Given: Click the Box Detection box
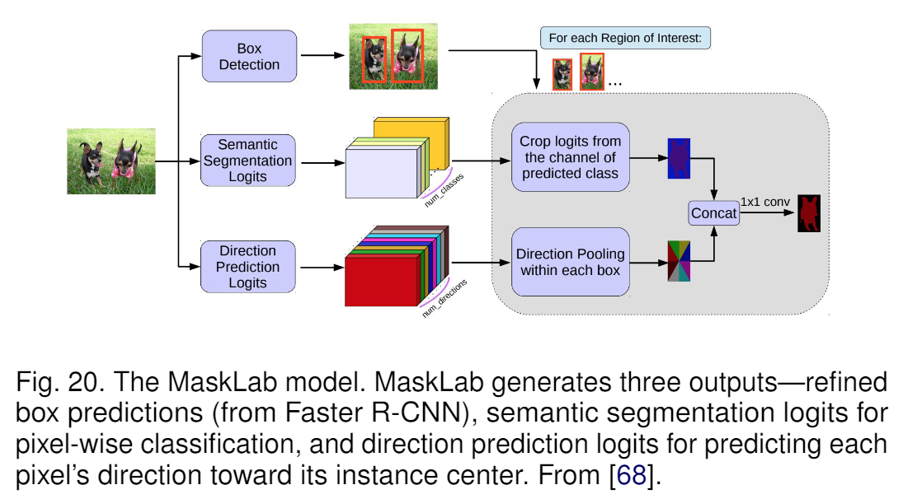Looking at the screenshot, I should click(x=248, y=56).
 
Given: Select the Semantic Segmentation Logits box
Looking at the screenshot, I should click(x=247, y=161).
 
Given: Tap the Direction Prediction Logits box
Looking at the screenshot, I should click(x=247, y=266).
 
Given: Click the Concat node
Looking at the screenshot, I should click(x=713, y=213).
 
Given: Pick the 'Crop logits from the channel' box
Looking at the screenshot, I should click(x=570, y=157).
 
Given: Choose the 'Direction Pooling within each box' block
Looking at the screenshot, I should click(x=570, y=262).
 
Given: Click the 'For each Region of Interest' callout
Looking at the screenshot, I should click(x=625, y=38).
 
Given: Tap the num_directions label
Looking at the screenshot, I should click(x=444, y=298).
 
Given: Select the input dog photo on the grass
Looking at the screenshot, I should click(x=111, y=161).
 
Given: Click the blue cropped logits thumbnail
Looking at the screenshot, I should click(x=679, y=158).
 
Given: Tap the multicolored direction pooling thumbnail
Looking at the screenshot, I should click(x=679, y=262).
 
